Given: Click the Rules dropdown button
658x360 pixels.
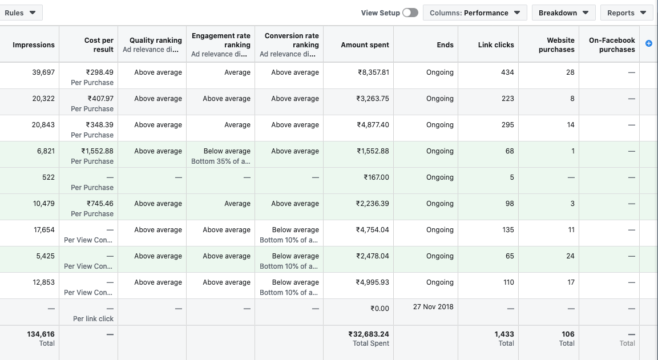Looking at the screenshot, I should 21,13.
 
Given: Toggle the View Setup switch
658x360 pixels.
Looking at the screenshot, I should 410,13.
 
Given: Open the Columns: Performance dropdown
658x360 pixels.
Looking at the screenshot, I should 474,13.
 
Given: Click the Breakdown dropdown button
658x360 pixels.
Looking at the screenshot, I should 563,13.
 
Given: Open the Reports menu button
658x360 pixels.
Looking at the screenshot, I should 626,13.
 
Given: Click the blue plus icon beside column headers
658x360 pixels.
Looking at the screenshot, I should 649,43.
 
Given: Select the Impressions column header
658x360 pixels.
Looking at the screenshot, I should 34,45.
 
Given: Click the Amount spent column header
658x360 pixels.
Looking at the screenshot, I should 365,45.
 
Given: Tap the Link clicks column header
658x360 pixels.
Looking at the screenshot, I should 496,45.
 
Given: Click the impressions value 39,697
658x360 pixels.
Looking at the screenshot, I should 43,72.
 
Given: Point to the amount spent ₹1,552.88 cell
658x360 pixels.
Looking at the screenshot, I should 373,151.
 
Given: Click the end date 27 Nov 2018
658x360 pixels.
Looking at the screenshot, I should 433,307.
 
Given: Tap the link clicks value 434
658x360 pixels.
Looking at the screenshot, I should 507,72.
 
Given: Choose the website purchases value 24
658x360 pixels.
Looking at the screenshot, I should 570,256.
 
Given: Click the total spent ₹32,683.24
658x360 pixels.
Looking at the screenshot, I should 369,334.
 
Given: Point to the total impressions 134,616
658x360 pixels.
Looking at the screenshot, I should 41,334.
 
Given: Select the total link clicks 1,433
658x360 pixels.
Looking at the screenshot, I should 504,334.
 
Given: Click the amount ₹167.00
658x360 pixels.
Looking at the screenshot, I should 377,177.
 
